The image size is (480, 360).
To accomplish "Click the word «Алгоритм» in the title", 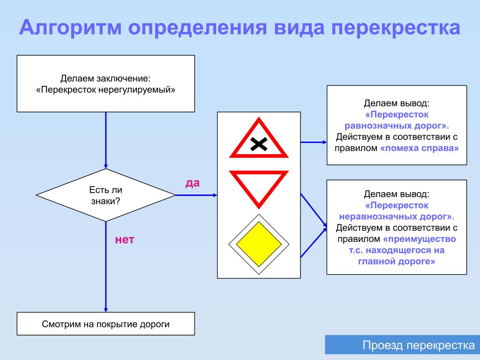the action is pos(71,28).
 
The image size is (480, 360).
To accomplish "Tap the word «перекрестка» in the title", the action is pos(396,28).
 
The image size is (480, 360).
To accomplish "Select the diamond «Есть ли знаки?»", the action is pos(105,195).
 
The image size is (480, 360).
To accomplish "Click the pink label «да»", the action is pos(193,183).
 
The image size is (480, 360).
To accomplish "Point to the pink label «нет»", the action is pos(125,240).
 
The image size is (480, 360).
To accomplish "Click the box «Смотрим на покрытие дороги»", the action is pos(105,323).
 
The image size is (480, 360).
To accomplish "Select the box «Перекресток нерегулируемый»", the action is pos(105,83).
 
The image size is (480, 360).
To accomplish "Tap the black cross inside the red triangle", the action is pos(259,144).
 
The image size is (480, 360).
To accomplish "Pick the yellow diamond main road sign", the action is pos(259,244).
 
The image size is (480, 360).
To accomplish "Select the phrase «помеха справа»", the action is pos(420,148).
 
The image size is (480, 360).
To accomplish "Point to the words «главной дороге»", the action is pos(397,262).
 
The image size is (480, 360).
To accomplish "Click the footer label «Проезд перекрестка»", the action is pos(419,345).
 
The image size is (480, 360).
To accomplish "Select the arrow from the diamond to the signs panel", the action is pos(196,195).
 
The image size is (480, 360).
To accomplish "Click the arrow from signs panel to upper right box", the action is pos(314,142).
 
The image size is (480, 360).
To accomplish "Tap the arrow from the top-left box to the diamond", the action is pos(105,140).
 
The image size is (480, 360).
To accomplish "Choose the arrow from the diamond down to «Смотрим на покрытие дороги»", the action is pos(105,267).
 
